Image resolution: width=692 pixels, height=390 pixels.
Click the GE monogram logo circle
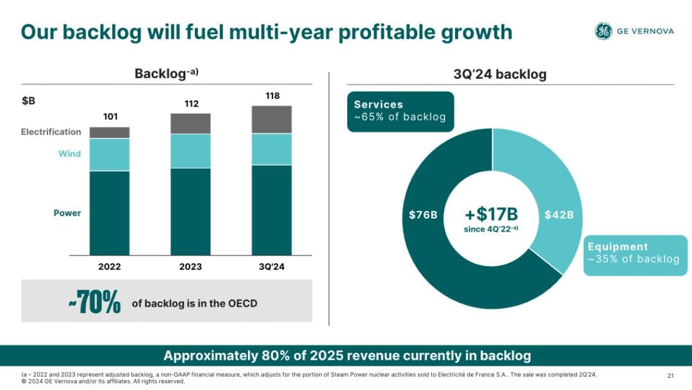tap(604, 31)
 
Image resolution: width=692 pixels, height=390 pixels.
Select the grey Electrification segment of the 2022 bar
tap(110, 133)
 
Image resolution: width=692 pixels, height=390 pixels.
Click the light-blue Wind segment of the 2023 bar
tap(190, 151)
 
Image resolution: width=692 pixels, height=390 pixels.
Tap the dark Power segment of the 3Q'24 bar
tap(272, 210)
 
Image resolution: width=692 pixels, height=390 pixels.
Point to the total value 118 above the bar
tap(272, 96)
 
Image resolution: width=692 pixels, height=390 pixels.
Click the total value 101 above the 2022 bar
tap(110, 117)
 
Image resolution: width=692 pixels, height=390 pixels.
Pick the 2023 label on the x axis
tap(190, 267)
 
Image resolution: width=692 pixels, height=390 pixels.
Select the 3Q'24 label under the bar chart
tap(272, 267)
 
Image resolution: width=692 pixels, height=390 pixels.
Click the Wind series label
tap(70, 154)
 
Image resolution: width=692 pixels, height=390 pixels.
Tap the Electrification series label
tap(51, 132)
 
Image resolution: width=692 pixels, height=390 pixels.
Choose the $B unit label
tap(29, 101)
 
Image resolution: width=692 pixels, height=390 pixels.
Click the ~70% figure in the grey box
tap(94, 303)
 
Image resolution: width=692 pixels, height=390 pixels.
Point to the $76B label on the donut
tap(423, 215)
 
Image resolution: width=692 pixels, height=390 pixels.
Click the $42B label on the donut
tap(559, 215)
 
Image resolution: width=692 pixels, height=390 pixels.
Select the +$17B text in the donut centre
tap(491, 214)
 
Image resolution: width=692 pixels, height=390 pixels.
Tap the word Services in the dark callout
tap(379, 105)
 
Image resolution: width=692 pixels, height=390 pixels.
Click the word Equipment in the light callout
tap(618, 247)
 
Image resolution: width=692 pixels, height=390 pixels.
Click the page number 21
tap(671, 375)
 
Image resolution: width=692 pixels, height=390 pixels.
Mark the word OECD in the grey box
tap(243, 303)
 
